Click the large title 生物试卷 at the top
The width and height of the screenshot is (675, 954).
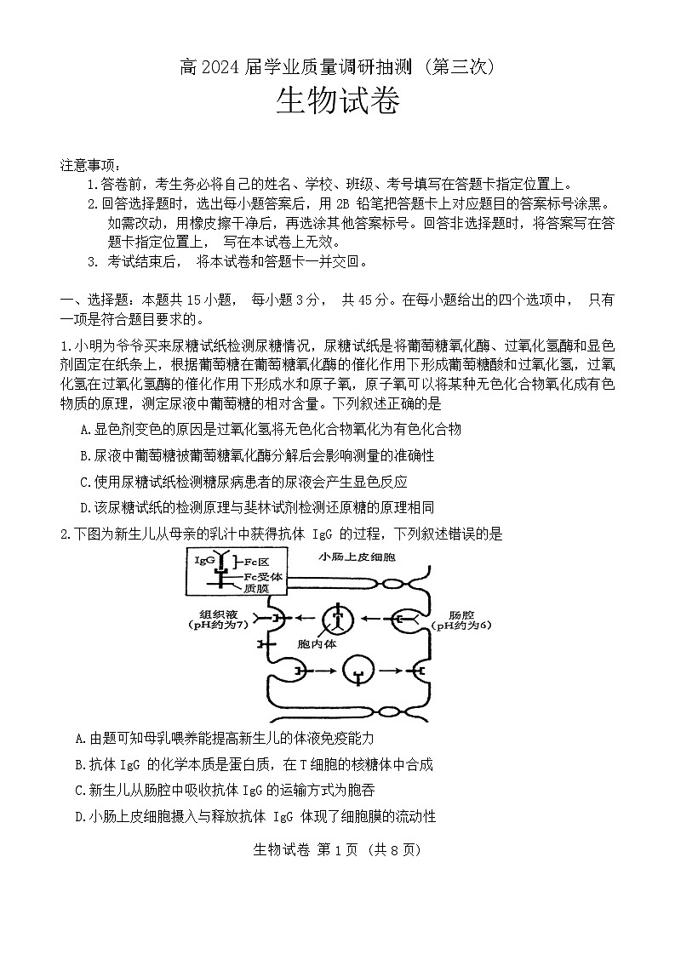337,106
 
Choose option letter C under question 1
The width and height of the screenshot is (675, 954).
83,482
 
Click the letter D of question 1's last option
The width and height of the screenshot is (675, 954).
83,507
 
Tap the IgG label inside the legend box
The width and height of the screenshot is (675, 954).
204,562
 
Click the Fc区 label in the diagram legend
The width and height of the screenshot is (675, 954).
258,563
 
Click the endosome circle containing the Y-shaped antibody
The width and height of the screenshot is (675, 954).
339,618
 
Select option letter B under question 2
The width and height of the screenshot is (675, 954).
81,765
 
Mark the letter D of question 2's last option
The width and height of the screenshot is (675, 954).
81,816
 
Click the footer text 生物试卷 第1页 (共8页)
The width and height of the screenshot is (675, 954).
337,848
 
